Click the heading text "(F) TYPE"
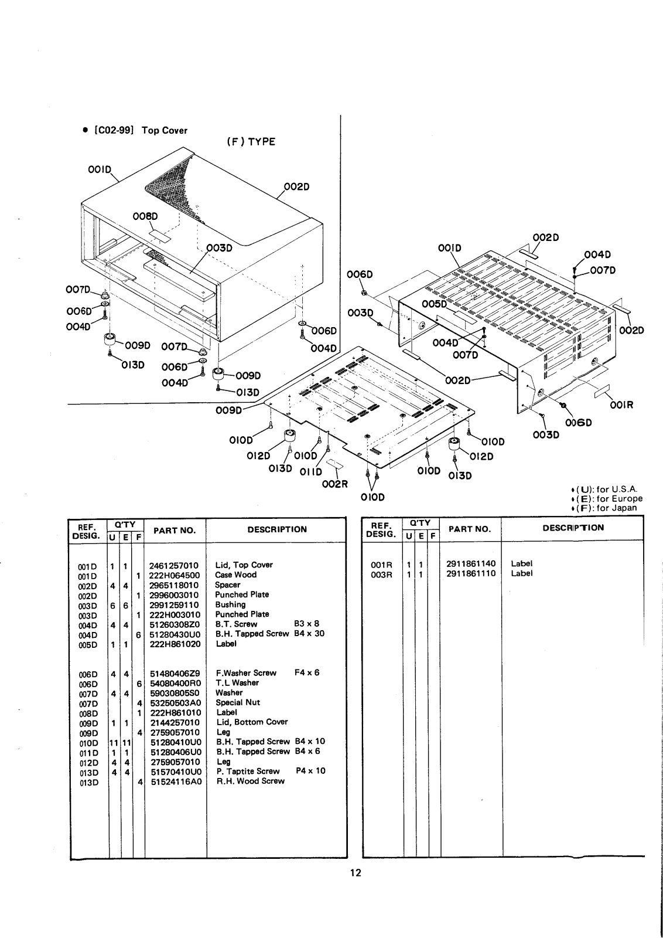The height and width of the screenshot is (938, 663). pos(250,142)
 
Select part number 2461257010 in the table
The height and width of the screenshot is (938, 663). pos(174,565)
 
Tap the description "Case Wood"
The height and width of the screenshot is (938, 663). pos(235,575)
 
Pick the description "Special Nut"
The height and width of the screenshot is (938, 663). pos(238,702)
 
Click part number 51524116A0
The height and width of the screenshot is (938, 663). pos(176,781)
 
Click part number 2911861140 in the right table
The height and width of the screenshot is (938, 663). pos(470,563)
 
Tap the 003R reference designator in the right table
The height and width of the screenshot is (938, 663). pos(381,573)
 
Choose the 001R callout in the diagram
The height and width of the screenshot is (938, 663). pos(621,405)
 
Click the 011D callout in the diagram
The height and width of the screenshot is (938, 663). pos(311,472)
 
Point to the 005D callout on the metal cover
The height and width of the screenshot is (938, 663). pos(434,304)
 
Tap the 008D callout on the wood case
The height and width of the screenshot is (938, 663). pos(145,216)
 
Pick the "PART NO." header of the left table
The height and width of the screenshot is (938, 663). pos(174,531)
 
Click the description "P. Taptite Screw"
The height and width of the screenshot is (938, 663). pos(248,771)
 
